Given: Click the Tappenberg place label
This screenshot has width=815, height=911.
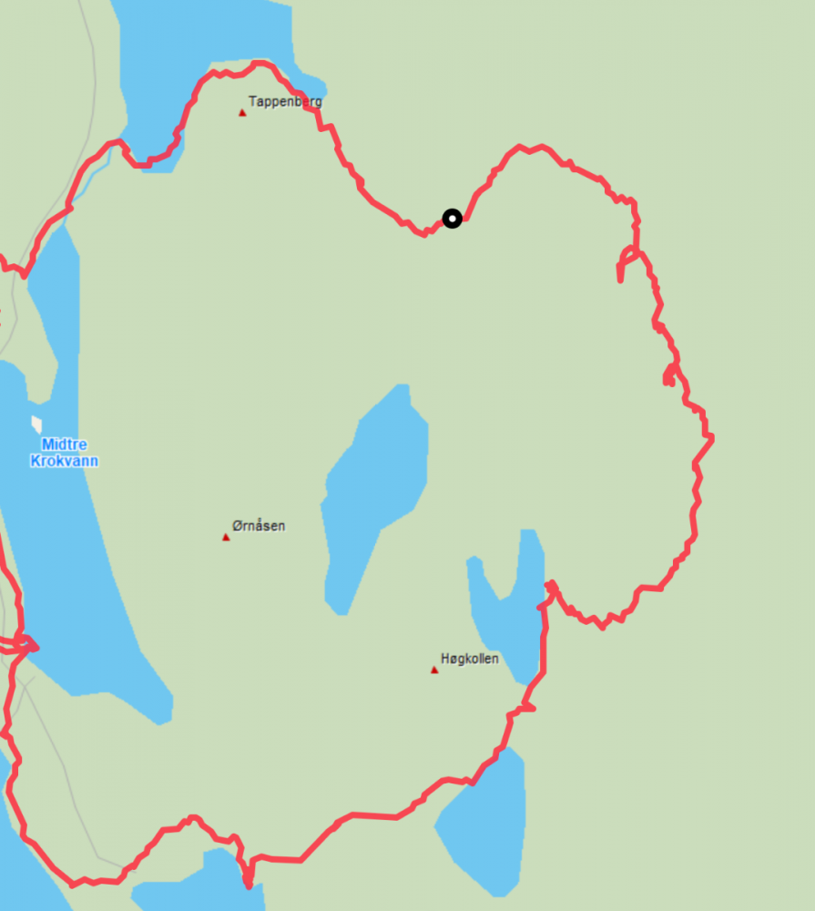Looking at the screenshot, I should [x=285, y=102].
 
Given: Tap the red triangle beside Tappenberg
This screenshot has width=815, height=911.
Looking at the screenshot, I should [x=242, y=113].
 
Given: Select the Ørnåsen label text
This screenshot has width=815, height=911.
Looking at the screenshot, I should [x=259, y=526].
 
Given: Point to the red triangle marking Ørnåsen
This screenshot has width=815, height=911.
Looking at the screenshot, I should [x=226, y=537].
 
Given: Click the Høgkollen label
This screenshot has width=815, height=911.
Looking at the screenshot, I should [x=469, y=659].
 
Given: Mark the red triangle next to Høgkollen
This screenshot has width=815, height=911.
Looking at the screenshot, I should [x=434, y=670].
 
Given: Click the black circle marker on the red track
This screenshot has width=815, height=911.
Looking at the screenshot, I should [x=452, y=218].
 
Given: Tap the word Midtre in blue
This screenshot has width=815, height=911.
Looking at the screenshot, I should [x=64, y=445].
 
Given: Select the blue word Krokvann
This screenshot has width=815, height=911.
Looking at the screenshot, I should [x=64, y=461].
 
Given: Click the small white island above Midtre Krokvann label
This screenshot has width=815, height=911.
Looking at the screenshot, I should [x=36, y=424].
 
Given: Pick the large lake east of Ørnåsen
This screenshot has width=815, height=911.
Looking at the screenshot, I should [x=378, y=492].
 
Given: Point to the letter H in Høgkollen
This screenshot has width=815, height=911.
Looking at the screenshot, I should [x=445, y=659].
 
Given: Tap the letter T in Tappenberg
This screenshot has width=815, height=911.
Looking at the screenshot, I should [x=252, y=102].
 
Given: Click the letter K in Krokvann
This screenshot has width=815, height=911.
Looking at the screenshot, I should [x=36, y=461].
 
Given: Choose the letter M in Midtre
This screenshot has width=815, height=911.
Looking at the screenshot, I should [x=46, y=445].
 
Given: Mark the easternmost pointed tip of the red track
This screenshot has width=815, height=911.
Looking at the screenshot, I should [x=712, y=438].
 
